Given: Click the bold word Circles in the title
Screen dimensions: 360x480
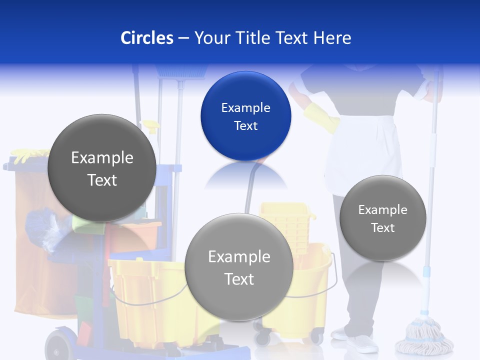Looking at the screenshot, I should tap(146, 38).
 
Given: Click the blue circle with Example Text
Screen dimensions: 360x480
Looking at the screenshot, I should tap(245, 116).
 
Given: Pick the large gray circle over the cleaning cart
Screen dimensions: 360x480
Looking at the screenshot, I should tap(102, 168).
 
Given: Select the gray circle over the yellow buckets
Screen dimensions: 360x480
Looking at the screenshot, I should tap(239, 267).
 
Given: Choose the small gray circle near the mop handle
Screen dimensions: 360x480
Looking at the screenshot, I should tap(382, 218).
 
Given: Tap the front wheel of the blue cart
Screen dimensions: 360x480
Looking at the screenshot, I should tap(57, 345).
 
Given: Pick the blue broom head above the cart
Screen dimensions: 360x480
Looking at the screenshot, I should tap(181, 71).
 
